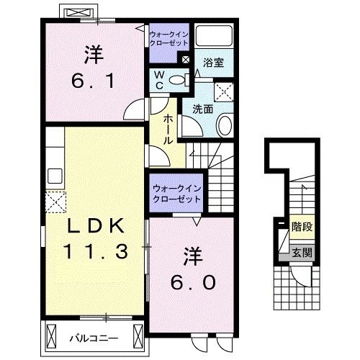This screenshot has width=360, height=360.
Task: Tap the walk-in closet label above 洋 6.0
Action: (176, 192)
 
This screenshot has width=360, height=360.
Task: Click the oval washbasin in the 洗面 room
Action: (223, 125)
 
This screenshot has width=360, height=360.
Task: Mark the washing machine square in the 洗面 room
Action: (224, 92)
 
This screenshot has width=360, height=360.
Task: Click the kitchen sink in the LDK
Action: (55, 176)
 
